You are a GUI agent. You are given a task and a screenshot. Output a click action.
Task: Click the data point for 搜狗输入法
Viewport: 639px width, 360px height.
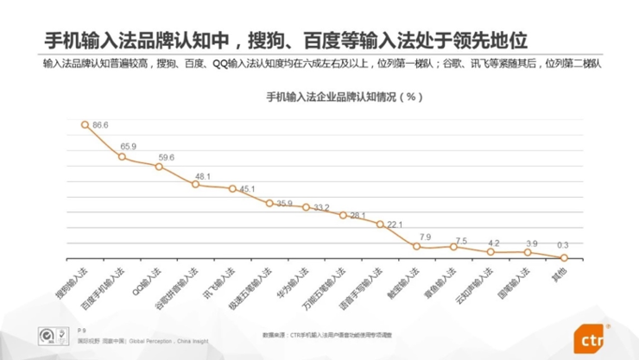tap(85, 124)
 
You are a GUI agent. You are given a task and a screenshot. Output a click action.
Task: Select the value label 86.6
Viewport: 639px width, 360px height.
tap(100, 125)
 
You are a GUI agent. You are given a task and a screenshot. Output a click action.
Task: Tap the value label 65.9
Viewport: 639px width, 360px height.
tap(128, 146)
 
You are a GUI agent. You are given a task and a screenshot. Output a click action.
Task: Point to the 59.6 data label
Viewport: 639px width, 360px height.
tap(166, 157)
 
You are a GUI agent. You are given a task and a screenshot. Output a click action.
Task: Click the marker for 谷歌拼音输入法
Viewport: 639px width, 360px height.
tap(195, 184)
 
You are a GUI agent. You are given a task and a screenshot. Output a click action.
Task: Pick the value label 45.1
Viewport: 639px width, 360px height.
tap(247, 188)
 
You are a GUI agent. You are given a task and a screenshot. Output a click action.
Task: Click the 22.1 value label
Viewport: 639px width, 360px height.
tap(395, 224)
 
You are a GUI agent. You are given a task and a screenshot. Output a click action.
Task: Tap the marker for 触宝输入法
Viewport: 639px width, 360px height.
tap(417, 247)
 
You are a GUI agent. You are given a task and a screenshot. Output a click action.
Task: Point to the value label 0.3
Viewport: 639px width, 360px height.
tap(563, 246)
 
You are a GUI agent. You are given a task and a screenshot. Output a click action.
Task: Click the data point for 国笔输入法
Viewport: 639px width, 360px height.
tap(528, 252)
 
